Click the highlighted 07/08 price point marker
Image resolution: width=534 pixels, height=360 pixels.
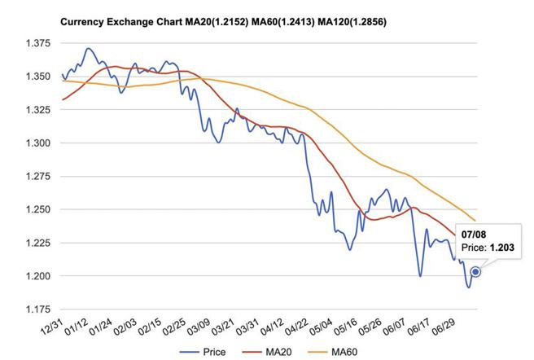475,272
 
